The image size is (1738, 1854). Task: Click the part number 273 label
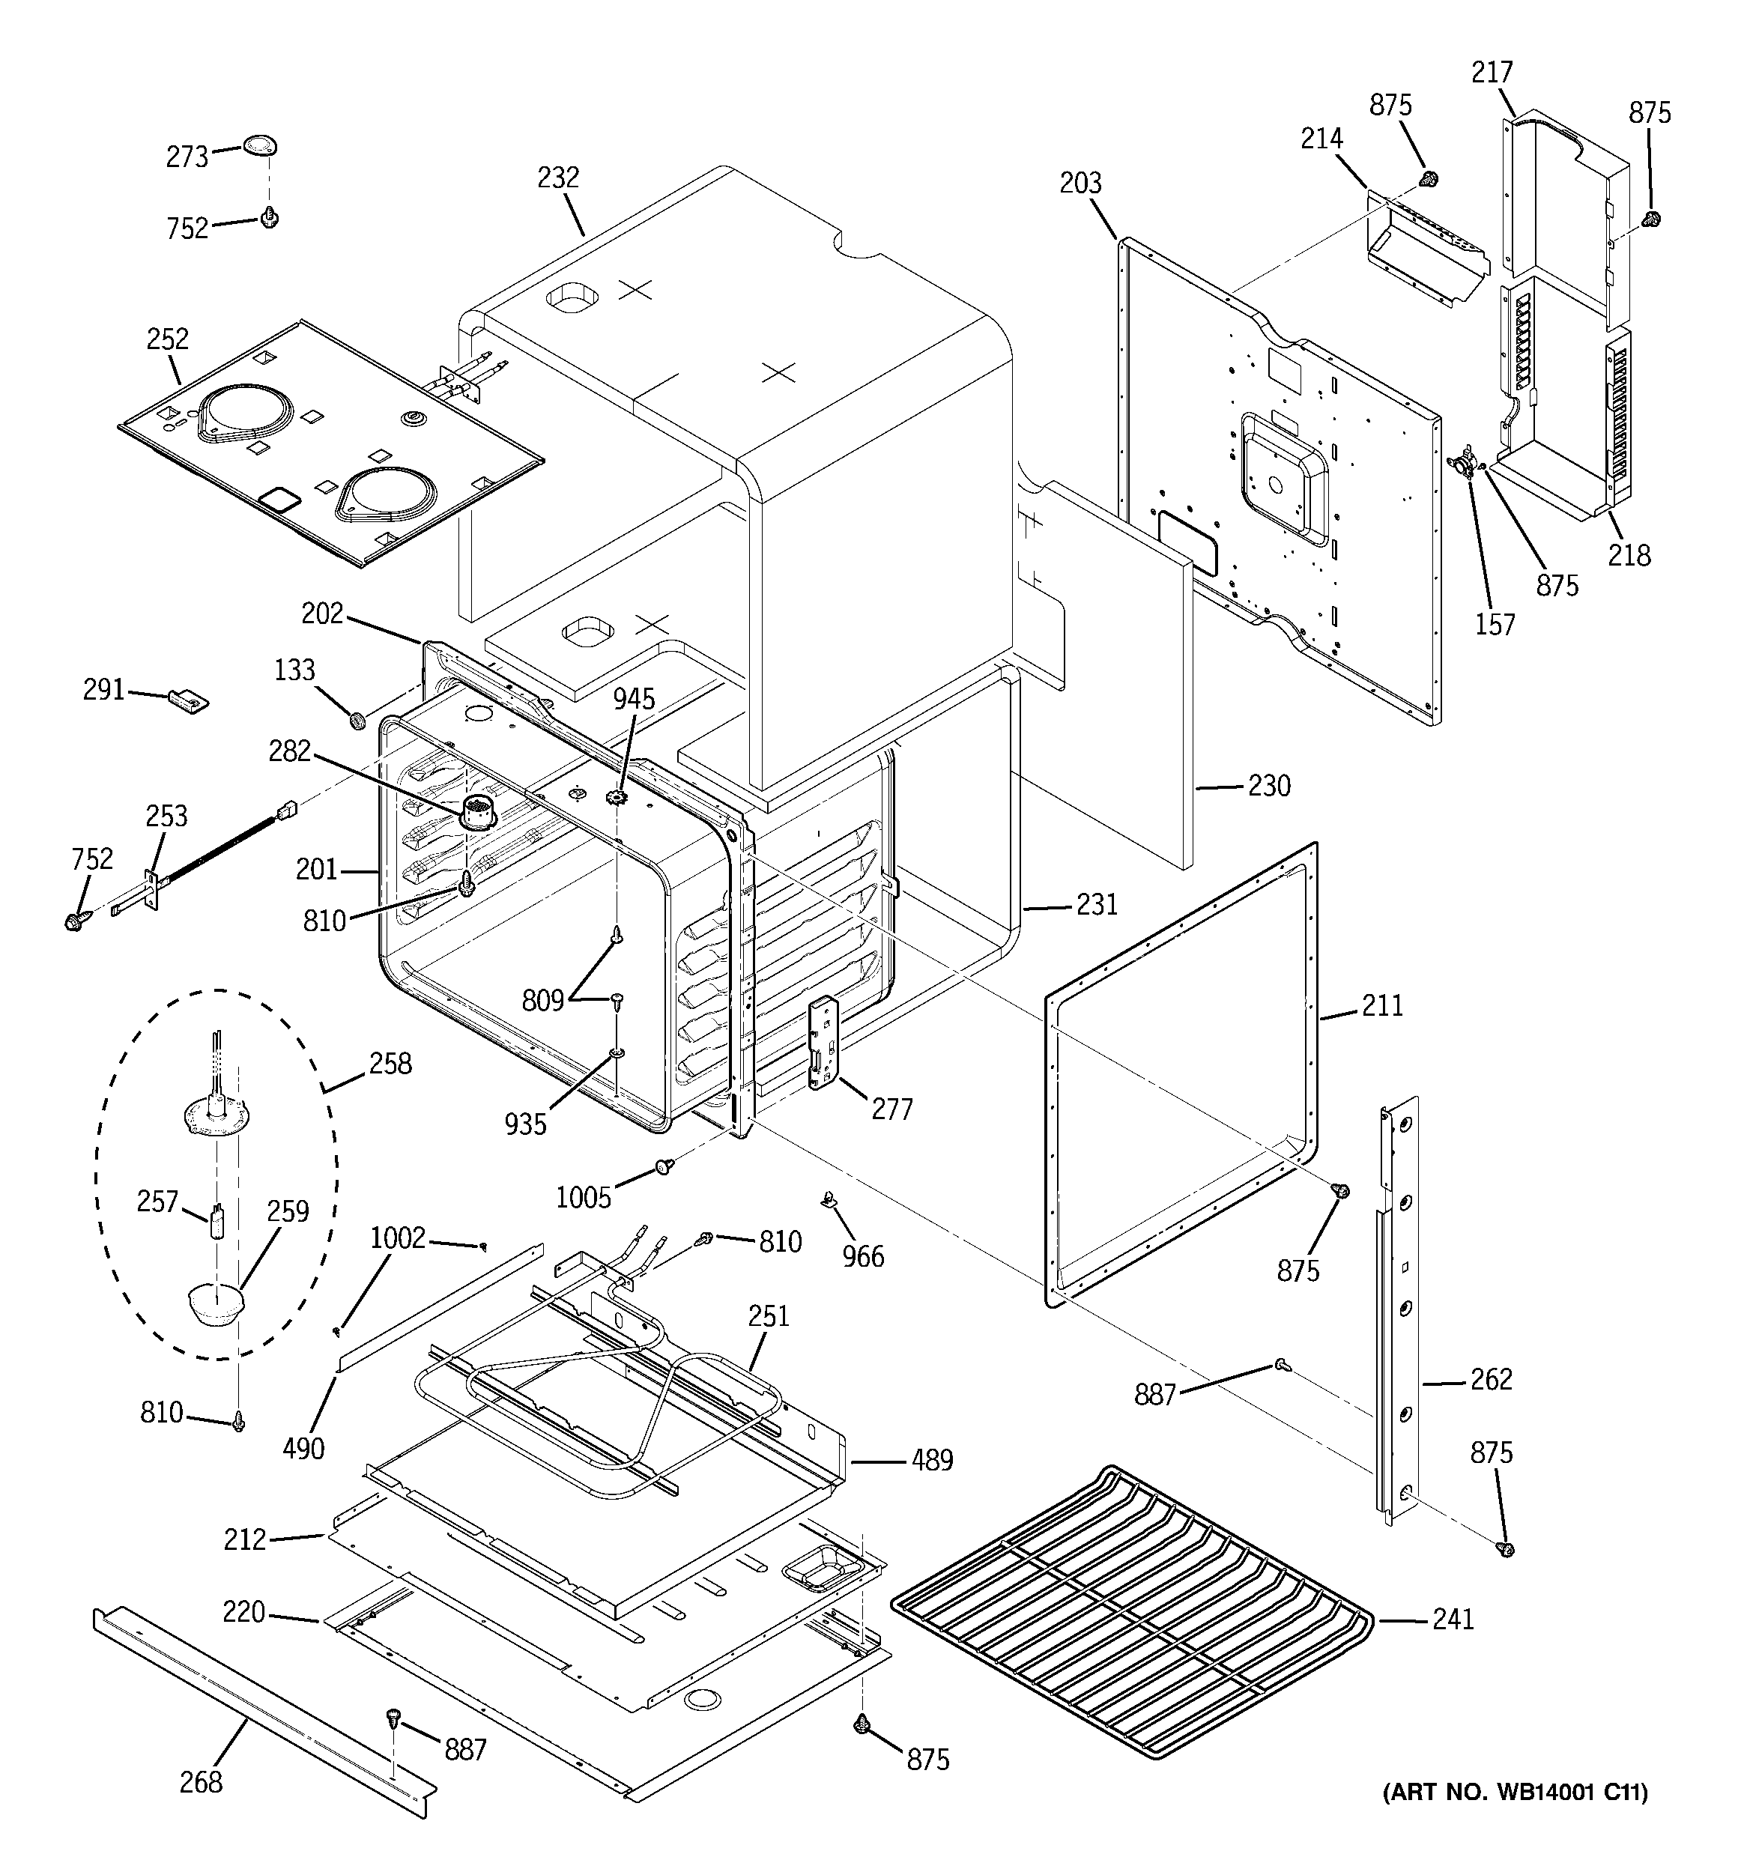point(187,157)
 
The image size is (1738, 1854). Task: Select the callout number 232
point(558,178)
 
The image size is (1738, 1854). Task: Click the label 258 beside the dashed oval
point(390,1063)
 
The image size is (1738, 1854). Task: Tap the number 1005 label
point(583,1198)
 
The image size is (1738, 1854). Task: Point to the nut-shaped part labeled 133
point(355,720)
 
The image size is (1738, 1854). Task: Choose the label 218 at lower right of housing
point(1629,556)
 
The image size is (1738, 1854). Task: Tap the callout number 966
point(863,1256)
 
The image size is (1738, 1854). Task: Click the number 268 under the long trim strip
point(201,1782)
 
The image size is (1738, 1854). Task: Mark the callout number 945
point(634,698)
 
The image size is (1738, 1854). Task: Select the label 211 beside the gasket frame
point(1381,1005)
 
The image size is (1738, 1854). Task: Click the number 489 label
point(932,1459)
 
